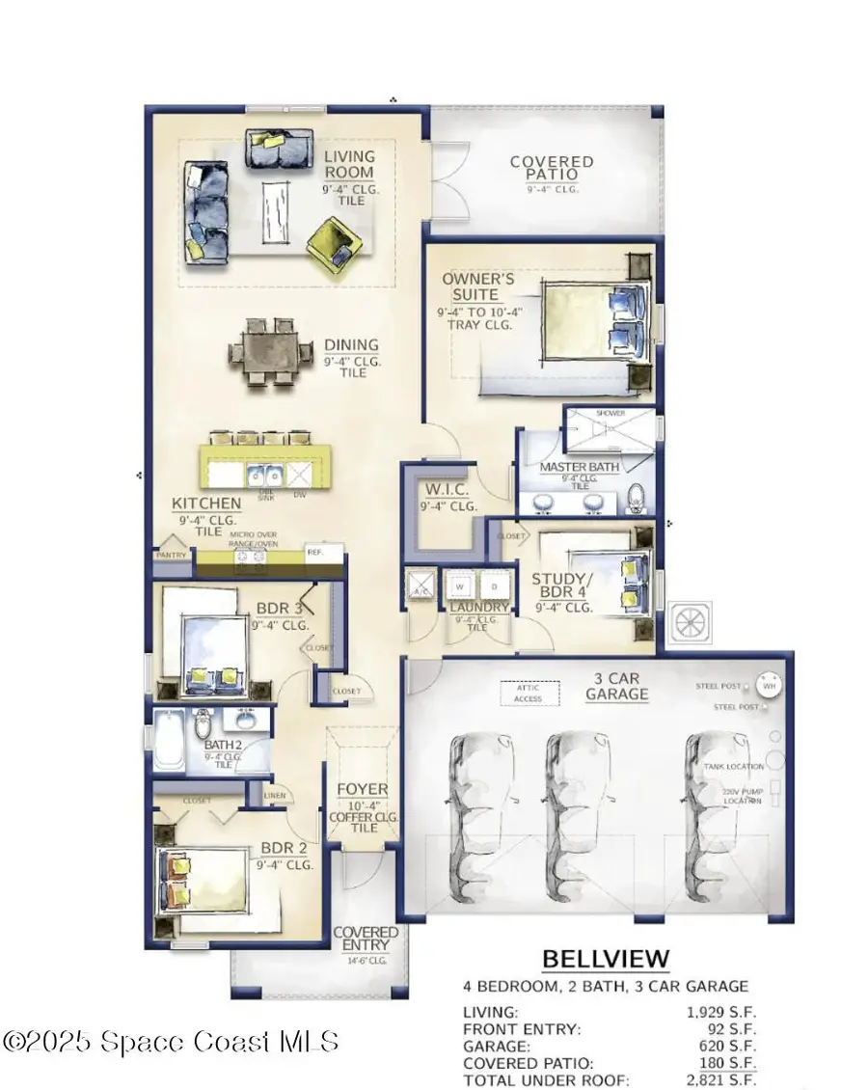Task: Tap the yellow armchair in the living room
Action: pyautogui.click(x=334, y=244)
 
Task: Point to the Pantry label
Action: pyautogui.click(x=170, y=555)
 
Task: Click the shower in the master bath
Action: pyautogui.click(x=610, y=430)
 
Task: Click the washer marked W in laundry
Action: pyautogui.click(x=461, y=586)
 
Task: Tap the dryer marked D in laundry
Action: pyautogui.click(x=492, y=586)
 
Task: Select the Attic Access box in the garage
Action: pyautogui.click(x=528, y=693)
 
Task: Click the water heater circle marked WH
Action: pyautogui.click(x=769, y=686)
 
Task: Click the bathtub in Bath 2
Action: pyautogui.click(x=170, y=739)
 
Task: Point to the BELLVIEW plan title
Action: pyautogui.click(x=605, y=959)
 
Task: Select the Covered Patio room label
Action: pyautogui.click(x=551, y=169)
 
